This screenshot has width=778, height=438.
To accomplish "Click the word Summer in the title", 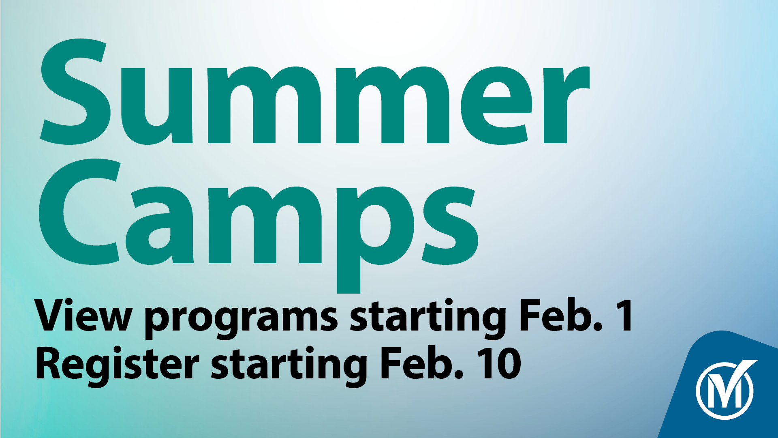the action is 314,92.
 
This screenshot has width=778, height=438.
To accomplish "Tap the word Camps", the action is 259,225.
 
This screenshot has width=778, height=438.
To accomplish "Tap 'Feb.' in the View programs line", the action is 561,315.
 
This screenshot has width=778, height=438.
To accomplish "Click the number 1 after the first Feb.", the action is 624,316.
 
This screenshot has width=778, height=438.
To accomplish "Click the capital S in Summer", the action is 75,92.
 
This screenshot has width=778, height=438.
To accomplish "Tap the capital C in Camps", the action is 79,211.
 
